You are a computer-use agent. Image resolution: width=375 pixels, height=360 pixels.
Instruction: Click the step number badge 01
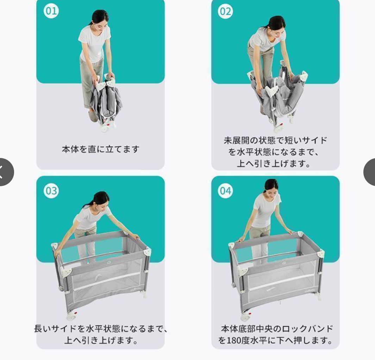pos(51,11)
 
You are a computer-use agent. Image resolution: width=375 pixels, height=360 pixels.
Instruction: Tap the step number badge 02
pos(226,11)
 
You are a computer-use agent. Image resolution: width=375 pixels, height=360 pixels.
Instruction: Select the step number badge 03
pos(51,190)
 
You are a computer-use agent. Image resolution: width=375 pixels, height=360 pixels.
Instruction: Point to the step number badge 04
pos(226,190)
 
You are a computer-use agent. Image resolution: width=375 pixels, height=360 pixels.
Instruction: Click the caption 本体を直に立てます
pos(100,149)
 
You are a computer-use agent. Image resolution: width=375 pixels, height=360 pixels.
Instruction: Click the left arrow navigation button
pos(4,172)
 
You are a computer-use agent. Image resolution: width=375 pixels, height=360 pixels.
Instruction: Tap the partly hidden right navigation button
pos(370,172)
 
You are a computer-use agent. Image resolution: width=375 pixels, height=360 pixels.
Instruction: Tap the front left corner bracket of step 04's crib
pos(243,270)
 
